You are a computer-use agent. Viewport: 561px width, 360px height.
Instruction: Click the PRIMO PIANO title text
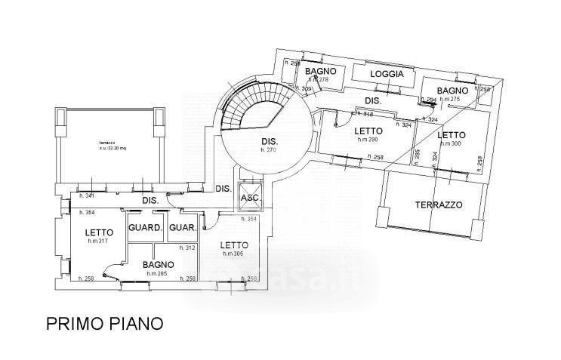(104, 325)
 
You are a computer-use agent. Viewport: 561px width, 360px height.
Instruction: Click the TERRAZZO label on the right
(438, 205)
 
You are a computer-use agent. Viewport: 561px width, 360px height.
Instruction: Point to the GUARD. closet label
(146, 229)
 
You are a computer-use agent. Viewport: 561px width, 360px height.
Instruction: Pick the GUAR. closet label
(183, 229)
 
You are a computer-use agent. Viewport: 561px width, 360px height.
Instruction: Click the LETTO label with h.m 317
(99, 232)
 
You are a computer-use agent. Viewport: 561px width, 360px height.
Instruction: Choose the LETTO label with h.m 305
(233, 245)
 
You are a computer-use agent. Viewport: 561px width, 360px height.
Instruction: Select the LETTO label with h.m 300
(452, 134)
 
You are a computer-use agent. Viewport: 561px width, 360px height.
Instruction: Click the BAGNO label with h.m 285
(159, 265)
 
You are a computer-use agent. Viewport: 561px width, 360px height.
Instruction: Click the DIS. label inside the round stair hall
(270, 142)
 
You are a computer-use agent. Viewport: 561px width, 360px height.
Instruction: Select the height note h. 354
(249, 219)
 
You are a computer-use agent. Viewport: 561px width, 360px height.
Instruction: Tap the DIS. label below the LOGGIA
(373, 100)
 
